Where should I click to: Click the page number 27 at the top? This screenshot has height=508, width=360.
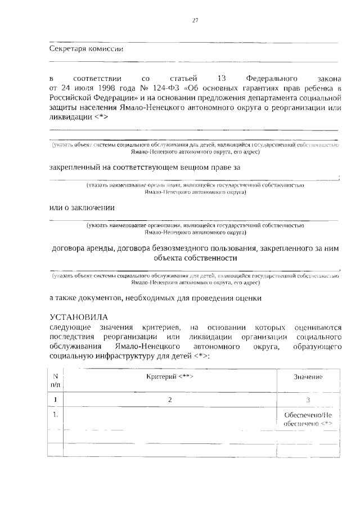click(x=195, y=21)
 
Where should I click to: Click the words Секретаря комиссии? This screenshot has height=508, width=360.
click(x=86, y=48)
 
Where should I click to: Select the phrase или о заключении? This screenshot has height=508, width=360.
click(x=82, y=207)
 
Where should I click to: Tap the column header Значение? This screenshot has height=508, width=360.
click(x=308, y=377)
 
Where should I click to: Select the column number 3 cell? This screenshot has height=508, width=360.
click(x=308, y=400)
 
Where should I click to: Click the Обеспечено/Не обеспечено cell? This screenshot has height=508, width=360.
click(x=308, y=419)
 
